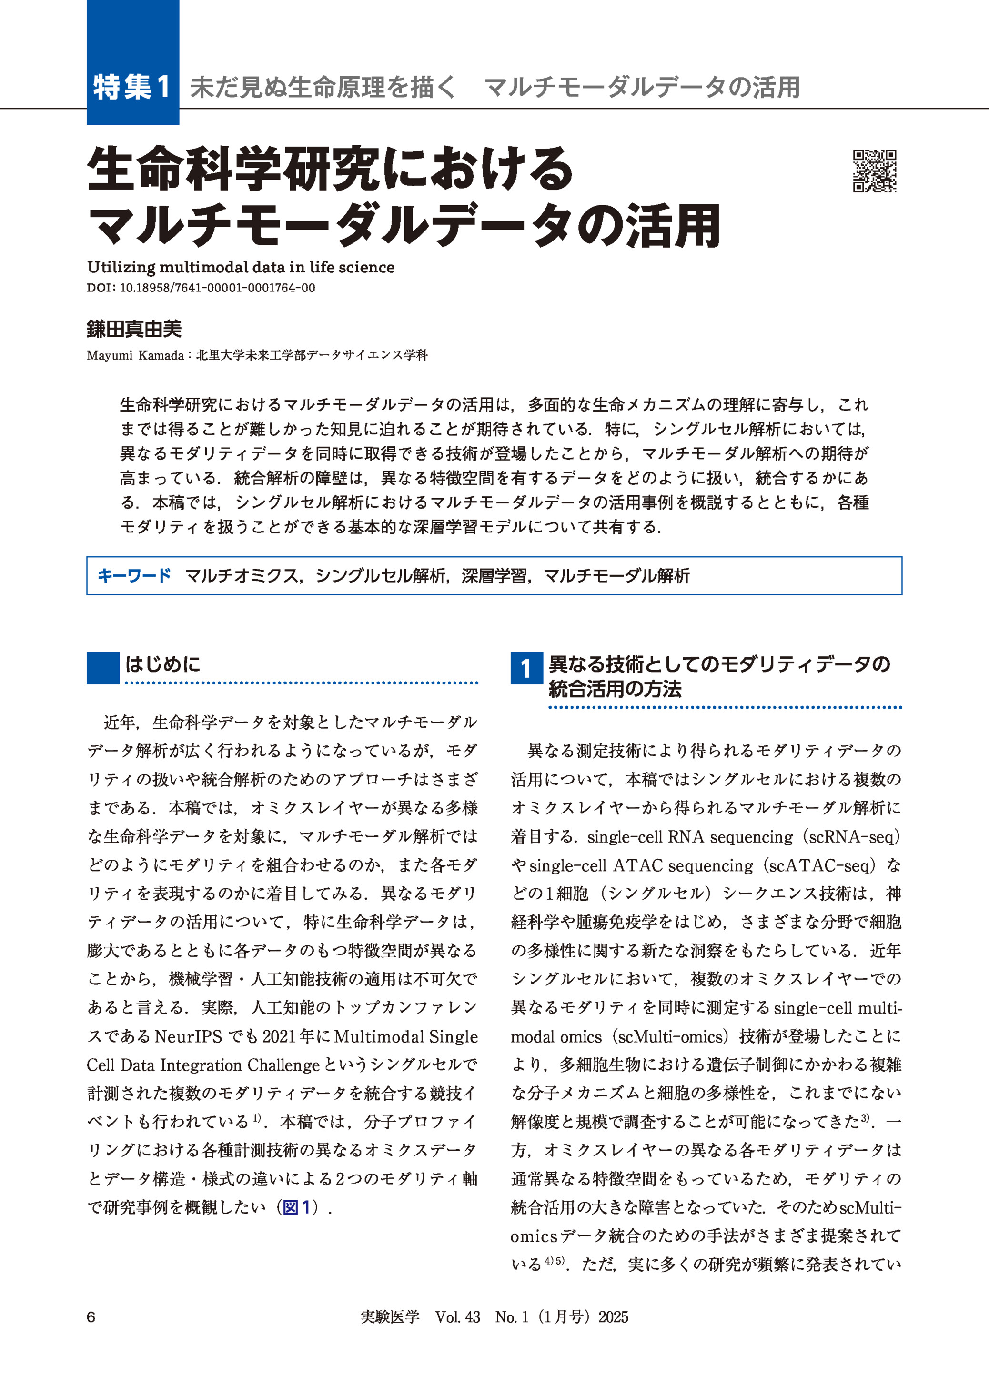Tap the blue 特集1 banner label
132,87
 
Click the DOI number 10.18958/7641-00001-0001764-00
217,288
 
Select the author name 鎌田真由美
134,330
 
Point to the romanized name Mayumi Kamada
135,355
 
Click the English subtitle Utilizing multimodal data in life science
241,267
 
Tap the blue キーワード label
134,575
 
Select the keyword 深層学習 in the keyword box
493,576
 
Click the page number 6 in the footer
91,1317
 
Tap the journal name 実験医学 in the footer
390,1317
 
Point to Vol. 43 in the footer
457,1317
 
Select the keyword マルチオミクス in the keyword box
241,576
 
